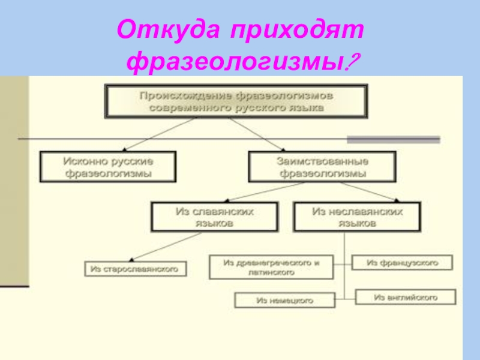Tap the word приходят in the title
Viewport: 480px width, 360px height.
pos(293,29)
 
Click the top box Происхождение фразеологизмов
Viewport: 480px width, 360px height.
pos(236,101)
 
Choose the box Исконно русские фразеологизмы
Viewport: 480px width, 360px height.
pos(108,167)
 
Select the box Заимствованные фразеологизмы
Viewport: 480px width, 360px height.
pos(322,167)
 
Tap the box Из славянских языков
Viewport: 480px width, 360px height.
pos(214,217)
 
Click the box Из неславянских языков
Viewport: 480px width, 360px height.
pos(357,217)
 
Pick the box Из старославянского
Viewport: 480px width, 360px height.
pos(135,269)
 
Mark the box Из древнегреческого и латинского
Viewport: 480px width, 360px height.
pos(271,267)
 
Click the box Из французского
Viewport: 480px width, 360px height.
pos(403,263)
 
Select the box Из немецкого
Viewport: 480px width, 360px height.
pos(284,299)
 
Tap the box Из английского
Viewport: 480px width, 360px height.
pos(406,297)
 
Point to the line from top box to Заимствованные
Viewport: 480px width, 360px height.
pos(258,134)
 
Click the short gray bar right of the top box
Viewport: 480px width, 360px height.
pos(394,139)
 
